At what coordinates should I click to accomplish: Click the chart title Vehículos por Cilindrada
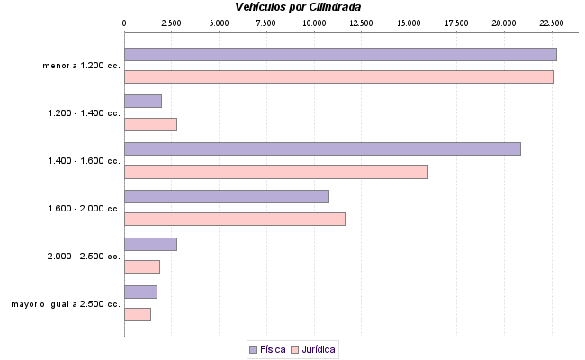click(x=300, y=7)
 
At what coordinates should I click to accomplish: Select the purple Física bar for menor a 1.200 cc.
click(x=340, y=54)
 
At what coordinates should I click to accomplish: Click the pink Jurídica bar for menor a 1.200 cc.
click(x=338, y=77)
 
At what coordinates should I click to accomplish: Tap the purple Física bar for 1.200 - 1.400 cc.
click(x=142, y=102)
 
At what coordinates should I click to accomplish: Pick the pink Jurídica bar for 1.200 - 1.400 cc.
click(x=150, y=125)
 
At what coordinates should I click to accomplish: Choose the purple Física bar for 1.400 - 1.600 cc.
click(x=322, y=148)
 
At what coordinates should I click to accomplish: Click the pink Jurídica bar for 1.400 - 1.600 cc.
click(x=275, y=172)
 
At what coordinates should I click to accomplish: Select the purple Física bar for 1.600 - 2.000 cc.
click(x=226, y=196)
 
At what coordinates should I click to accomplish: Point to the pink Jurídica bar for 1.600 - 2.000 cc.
click(x=234, y=220)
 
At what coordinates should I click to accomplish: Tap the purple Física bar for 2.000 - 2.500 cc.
click(x=150, y=244)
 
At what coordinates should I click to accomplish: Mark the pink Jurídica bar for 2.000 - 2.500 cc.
click(x=141, y=267)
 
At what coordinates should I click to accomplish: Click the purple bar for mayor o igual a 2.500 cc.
click(x=140, y=292)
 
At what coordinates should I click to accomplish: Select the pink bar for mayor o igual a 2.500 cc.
click(x=137, y=315)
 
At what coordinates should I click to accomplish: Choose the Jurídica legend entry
click(x=312, y=349)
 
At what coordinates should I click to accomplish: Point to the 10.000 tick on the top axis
click(x=313, y=22)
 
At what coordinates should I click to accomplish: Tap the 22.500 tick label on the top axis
click(x=551, y=22)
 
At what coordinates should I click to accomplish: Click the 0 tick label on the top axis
click(x=124, y=22)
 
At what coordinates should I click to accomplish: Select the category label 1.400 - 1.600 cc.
click(x=84, y=161)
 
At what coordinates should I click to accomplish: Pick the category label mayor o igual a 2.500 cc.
click(x=66, y=304)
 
